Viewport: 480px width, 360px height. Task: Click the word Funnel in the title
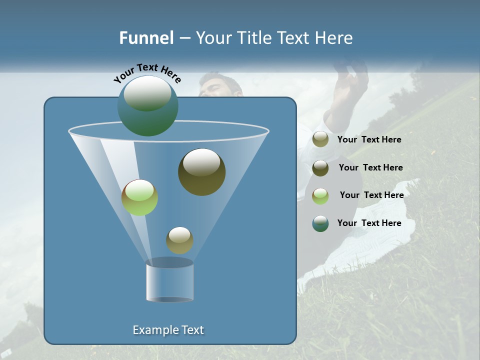coord(146,38)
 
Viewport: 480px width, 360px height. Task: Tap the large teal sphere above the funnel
coord(147,105)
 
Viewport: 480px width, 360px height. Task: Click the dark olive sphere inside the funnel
coord(201,171)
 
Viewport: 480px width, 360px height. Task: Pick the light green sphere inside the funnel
coord(139,197)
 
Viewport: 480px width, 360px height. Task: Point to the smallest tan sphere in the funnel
coord(179,240)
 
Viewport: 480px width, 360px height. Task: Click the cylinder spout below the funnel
coord(169,280)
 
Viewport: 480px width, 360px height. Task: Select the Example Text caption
coord(168,330)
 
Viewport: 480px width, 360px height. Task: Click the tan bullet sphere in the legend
coord(320,139)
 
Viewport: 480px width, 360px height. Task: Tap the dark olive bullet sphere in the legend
coord(320,168)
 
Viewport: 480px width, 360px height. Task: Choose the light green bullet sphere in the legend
coord(320,196)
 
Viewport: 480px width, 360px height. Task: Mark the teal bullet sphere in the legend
coord(320,223)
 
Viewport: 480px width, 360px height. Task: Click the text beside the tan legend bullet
coord(369,140)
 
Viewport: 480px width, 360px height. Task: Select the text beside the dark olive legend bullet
coord(370,167)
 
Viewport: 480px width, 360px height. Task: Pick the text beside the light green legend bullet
coord(371,195)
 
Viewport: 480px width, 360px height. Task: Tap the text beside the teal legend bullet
coord(369,223)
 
